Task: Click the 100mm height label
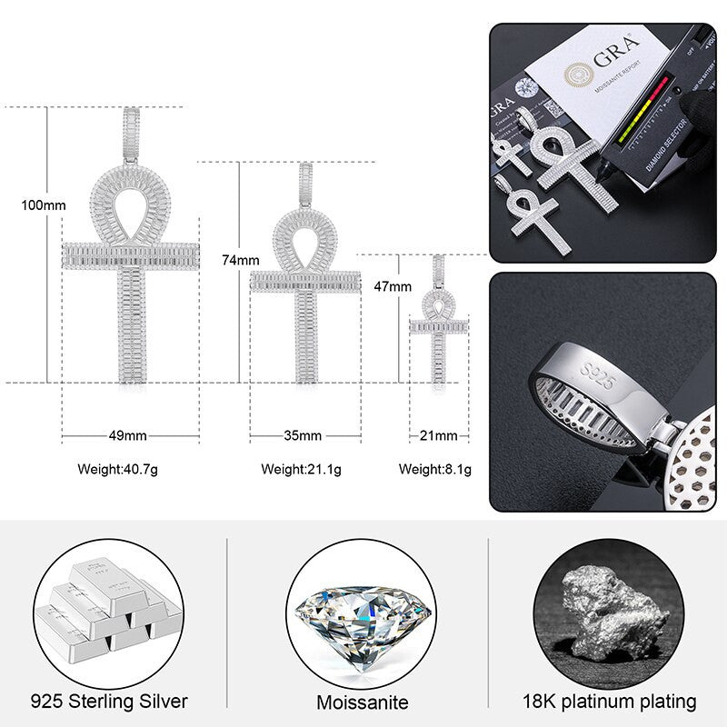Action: pos(44,205)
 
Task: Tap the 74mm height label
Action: pos(240,260)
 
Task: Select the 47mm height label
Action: pos(393,286)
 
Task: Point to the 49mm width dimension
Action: pos(128,436)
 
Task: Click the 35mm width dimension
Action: pos(304,436)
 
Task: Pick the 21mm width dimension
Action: pos(438,436)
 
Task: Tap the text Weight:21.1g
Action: pos(302,469)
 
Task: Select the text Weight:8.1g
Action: pos(435,469)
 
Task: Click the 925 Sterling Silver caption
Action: pos(109,701)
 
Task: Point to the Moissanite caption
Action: pos(363,702)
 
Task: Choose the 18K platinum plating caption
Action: pos(611,701)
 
